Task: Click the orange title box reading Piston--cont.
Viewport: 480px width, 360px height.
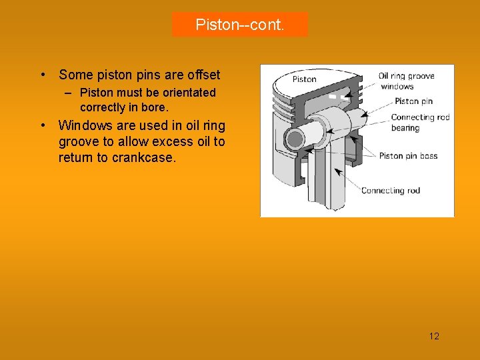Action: pos(240,25)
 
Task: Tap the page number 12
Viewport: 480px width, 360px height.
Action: pos(434,336)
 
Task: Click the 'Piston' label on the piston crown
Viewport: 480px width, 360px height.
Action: pos(304,79)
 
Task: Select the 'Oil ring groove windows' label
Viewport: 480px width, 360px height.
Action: pos(407,81)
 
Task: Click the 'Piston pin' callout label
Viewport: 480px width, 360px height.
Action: pos(413,101)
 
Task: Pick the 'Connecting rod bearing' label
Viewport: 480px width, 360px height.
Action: pos(420,123)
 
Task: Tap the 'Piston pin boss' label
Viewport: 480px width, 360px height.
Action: pos(408,156)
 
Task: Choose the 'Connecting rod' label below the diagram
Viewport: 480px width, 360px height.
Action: pos(391,191)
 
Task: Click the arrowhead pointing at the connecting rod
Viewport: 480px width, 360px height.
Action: pos(337,171)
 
